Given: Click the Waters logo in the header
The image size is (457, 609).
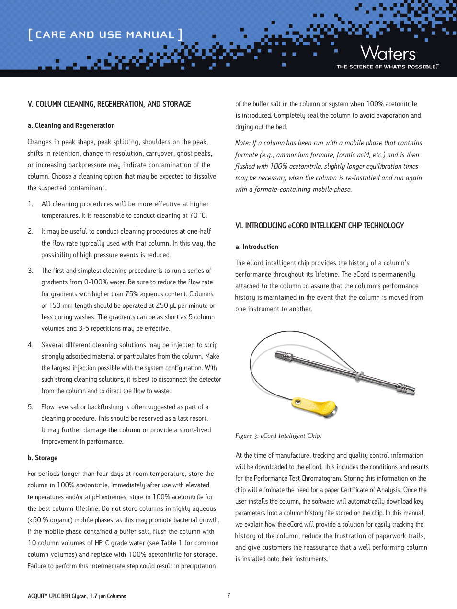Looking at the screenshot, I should pyautogui.click(x=388, y=53).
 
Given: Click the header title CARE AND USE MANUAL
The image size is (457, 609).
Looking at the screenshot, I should pyautogui.click(x=105, y=34).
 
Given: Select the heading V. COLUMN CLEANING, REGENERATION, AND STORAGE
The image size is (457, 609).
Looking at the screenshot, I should pyautogui.click(x=109, y=104).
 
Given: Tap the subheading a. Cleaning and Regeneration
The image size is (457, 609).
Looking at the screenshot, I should pyautogui.click(x=71, y=125).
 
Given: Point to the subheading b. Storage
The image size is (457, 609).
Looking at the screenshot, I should pyautogui.click(x=43, y=458).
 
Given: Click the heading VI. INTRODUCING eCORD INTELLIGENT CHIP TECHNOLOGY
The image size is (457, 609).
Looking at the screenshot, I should pyautogui.click(x=320, y=226).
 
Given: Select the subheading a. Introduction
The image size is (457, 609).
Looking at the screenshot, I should pyautogui.click(x=257, y=247).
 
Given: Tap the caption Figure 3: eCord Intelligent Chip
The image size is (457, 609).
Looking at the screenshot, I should pyautogui.click(x=278, y=436).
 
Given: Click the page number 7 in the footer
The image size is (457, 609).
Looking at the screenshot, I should pyautogui.click(x=228, y=595).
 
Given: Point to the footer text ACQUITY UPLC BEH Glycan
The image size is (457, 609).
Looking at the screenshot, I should pyautogui.click(x=77, y=596).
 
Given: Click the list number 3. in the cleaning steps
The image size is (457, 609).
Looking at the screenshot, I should pyautogui.click(x=31, y=271).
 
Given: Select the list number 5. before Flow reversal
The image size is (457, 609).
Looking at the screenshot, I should pyautogui.click(x=31, y=407).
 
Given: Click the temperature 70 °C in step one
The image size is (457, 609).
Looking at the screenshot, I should pyautogui.click(x=198, y=215).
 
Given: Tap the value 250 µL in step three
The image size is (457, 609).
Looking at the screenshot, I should pyautogui.click(x=166, y=305).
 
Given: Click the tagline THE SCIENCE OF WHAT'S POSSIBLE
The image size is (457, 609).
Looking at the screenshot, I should pyautogui.click(x=387, y=67).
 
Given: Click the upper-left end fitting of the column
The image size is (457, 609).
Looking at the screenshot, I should pyautogui.click(x=284, y=356).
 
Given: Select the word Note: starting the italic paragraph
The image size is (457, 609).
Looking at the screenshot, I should pyautogui.click(x=243, y=143).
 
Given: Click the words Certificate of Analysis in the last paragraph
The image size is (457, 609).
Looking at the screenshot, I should pyautogui.click(x=371, y=490).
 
